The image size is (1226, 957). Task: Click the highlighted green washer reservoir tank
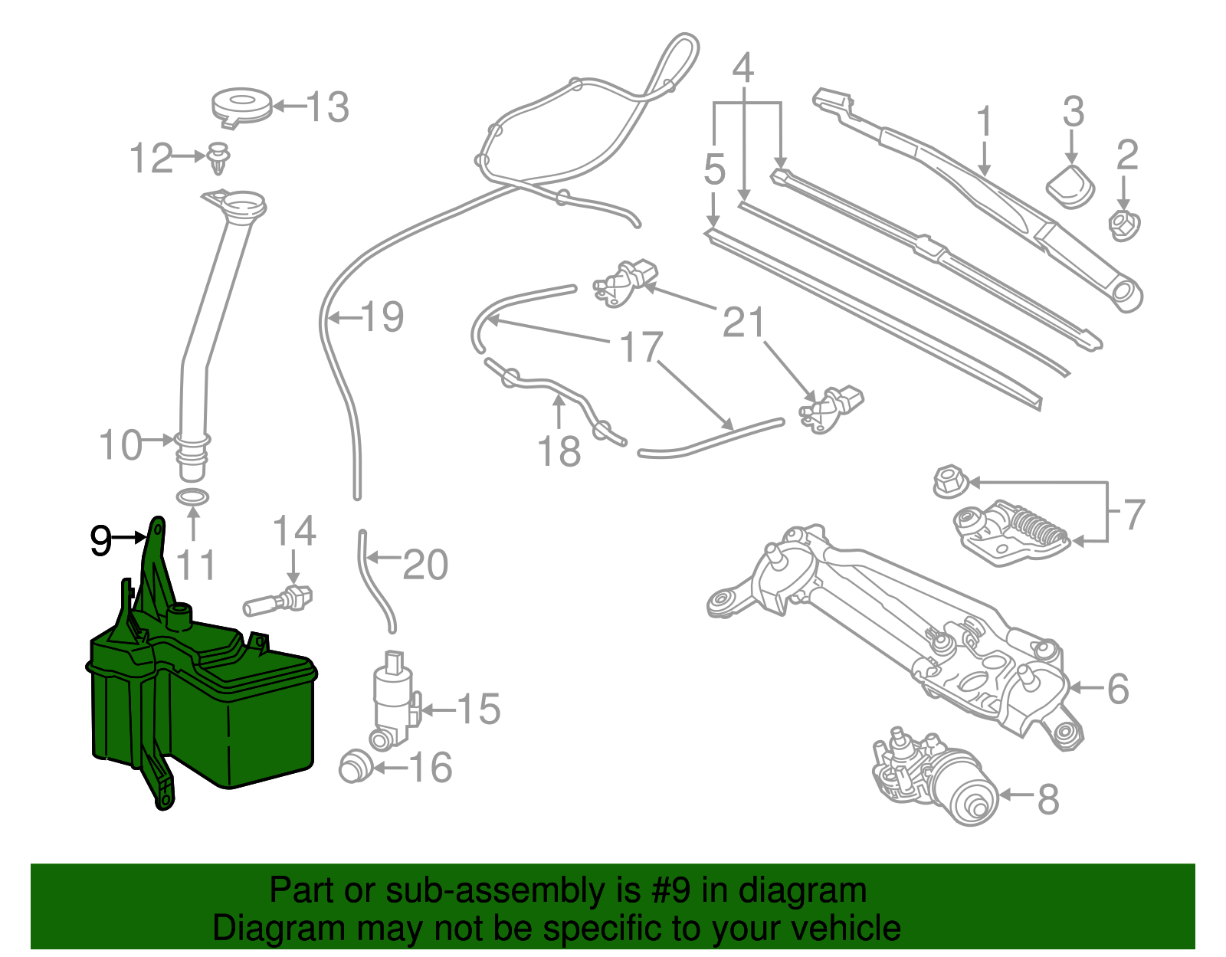pyautogui.click(x=230, y=713)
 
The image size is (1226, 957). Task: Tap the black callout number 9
pyautogui.click(x=100, y=541)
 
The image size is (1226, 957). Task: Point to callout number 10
pyautogui.click(x=121, y=445)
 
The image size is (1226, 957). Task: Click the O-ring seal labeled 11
pyautogui.click(x=193, y=498)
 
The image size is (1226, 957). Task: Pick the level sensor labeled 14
pyautogui.click(x=280, y=601)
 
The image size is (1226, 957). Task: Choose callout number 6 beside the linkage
pyautogui.click(x=1118, y=689)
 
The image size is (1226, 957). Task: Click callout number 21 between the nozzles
pyautogui.click(x=743, y=323)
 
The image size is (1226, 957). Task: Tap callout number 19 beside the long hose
pyautogui.click(x=382, y=317)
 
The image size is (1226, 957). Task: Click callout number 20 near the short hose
pyautogui.click(x=425, y=565)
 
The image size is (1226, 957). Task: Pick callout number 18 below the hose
pyautogui.click(x=559, y=452)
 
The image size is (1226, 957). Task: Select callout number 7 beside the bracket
pyautogui.click(x=1134, y=515)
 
